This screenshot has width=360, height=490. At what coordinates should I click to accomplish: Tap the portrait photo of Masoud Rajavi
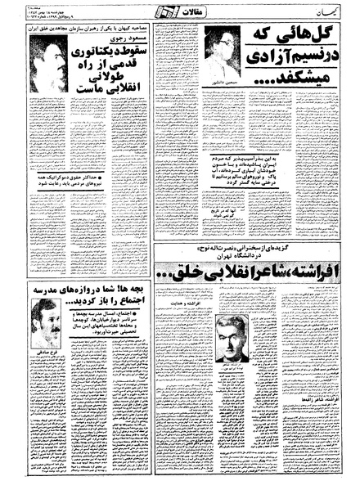click(x=49, y=66)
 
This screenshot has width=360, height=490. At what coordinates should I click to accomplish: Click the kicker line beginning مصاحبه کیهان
click(x=90, y=26)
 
